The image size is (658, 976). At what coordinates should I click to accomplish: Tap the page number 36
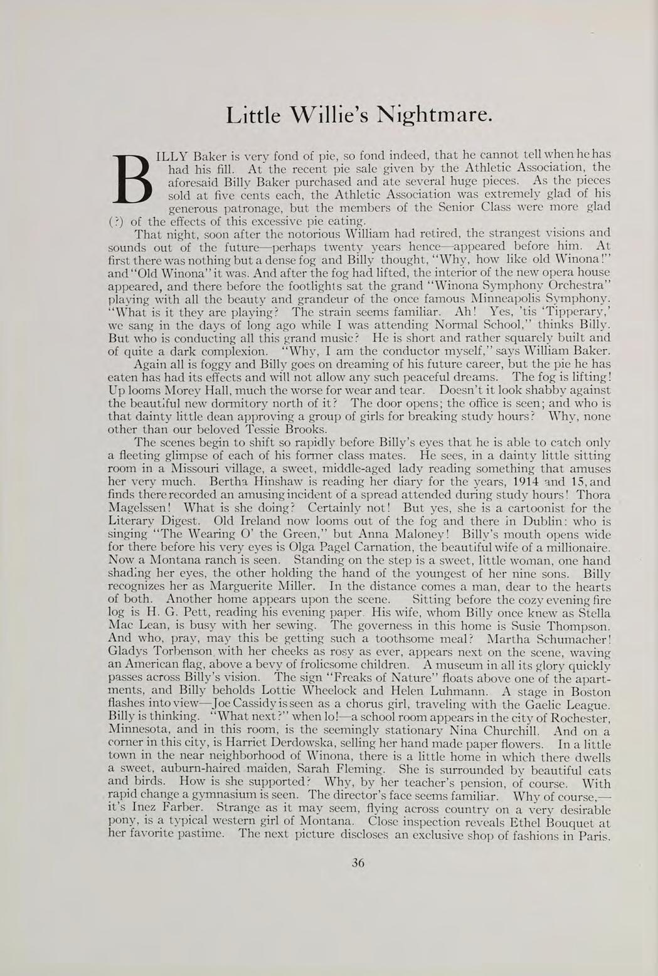coord(358,863)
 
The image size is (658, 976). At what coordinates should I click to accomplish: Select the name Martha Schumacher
coord(552,640)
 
